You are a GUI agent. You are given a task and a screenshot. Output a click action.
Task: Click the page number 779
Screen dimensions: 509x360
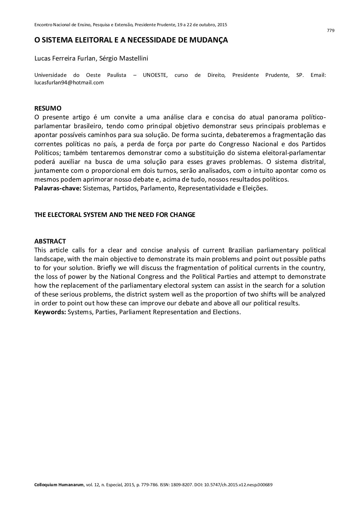point(330,31)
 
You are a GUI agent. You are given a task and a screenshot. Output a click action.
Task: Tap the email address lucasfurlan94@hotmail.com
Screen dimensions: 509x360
point(69,82)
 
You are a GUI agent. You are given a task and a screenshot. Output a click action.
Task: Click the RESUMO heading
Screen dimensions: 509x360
point(48,108)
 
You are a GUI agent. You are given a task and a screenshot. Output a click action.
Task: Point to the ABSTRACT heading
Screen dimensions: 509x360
point(50,241)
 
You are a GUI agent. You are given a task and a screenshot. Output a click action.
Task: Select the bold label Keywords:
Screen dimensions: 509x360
point(50,312)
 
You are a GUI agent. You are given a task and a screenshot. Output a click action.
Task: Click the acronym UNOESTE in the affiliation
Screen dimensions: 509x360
point(155,75)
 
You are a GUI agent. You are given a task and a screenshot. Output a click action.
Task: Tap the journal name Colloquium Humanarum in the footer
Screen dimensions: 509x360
point(59,485)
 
